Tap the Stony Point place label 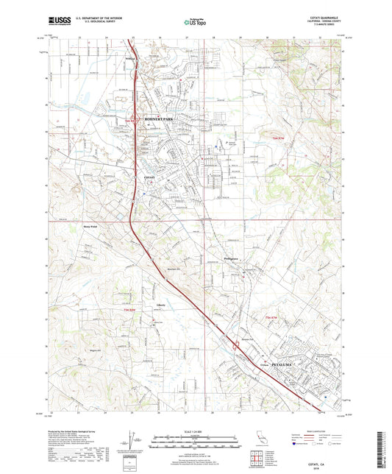click(x=91, y=227)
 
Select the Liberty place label click(x=161, y=305)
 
